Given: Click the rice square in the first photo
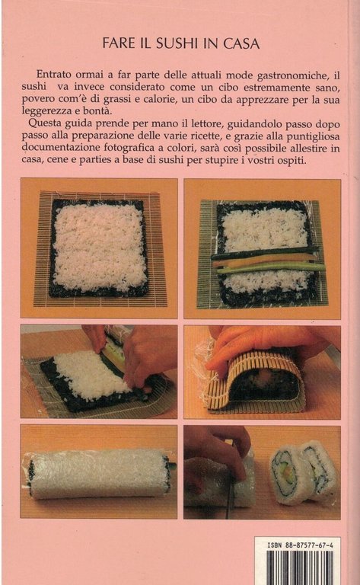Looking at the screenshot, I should click(100, 247).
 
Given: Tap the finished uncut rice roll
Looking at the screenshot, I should click(99, 473).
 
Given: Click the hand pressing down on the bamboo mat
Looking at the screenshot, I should click(263, 343).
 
